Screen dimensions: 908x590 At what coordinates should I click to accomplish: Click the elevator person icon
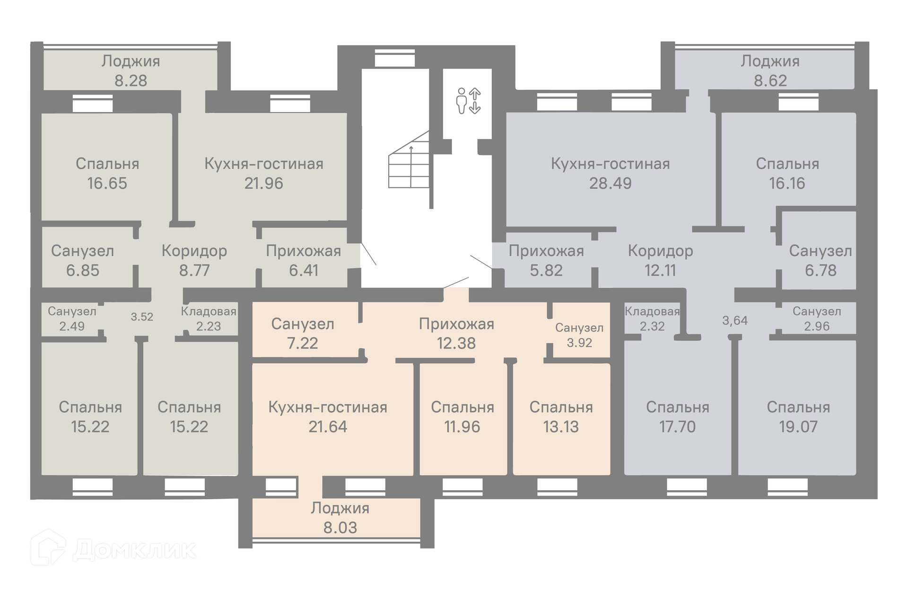tap(461, 101)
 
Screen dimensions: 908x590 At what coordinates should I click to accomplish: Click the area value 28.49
tap(610, 183)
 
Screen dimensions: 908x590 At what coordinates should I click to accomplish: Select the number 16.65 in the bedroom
tap(107, 183)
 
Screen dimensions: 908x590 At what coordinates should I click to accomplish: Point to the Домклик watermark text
tap(135, 550)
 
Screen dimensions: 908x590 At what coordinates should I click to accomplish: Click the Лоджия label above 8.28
tap(131, 61)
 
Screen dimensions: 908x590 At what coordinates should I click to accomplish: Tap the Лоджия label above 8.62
tap(770, 61)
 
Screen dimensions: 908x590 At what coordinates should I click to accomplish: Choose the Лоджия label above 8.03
tap(340, 508)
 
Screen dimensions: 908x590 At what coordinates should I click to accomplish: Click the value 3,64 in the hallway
tap(735, 321)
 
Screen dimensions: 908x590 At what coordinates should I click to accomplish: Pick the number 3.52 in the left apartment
tap(142, 317)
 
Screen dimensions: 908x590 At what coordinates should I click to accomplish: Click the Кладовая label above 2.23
tap(209, 312)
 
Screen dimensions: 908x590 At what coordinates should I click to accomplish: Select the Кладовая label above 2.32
tap(652, 312)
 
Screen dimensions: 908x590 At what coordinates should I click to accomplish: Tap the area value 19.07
tap(798, 427)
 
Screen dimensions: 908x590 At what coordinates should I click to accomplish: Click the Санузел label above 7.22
tap(303, 324)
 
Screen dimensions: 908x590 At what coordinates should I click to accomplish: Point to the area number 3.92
tap(579, 343)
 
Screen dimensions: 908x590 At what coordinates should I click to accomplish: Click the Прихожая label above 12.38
tap(456, 324)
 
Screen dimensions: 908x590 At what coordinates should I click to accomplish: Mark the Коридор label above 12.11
tap(661, 251)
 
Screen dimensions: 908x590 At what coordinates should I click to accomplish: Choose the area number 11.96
tap(462, 427)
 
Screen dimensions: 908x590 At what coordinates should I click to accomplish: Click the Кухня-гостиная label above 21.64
tap(328, 408)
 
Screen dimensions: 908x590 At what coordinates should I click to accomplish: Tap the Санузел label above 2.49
tap(72, 312)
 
